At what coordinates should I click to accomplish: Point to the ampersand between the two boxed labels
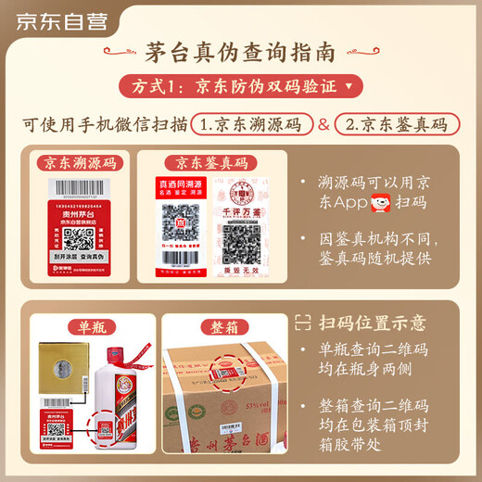323,123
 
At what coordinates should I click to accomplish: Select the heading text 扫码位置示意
374,323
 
